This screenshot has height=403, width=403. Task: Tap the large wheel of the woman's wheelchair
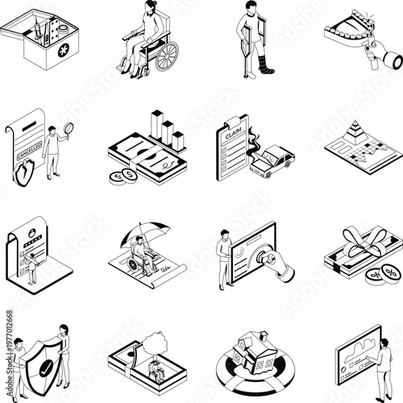click(x=166, y=56)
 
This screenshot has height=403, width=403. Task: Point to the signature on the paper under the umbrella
click(x=167, y=267)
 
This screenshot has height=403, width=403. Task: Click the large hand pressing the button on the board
click(x=281, y=266)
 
